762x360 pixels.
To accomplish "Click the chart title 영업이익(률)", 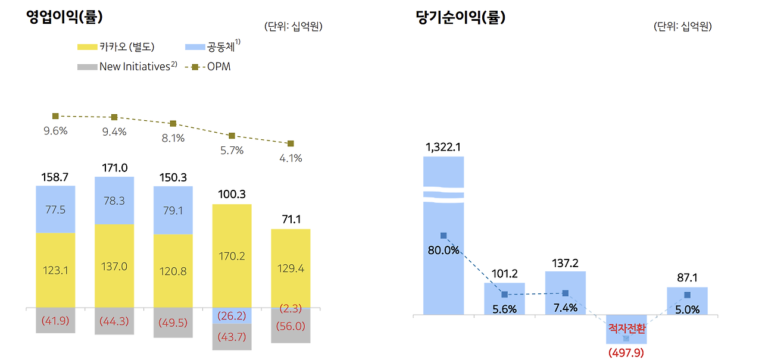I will coord(65,17).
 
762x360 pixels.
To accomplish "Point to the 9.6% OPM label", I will coord(55,131).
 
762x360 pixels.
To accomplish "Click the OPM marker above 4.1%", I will coord(291,143).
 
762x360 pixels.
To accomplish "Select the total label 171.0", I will coord(114,168).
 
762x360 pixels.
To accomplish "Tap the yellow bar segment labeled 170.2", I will coord(232,256).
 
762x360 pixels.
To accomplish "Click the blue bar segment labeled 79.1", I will coord(173,210).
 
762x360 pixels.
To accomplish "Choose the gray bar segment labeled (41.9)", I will coord(55,321).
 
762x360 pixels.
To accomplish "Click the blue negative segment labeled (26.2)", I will coord(232,316).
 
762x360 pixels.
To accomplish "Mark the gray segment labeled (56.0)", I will coord(291,326).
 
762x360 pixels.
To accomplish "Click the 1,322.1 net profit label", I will coord(444,147).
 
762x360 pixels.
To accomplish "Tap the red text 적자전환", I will coord(626,329).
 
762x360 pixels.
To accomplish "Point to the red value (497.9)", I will coord(626,353).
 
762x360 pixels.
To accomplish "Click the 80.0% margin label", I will coord(444,250).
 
